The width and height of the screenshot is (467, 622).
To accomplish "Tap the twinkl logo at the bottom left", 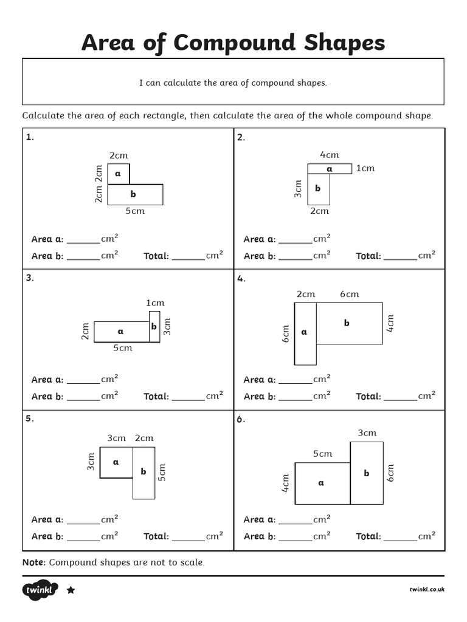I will pyautogui.click(x=40, y=590).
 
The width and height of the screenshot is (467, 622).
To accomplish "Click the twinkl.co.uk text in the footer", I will pyautogui.click(x=427, y=589).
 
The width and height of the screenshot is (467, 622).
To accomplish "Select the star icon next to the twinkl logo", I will pyautogui.click(x=71, y=590).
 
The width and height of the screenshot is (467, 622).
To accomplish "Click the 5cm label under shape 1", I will pyautogui.click(x=135, y=211).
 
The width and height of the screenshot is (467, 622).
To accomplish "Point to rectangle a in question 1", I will pyautogui.click(x=119, y=174).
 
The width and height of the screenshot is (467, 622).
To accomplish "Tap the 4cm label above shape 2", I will pyautogui.click(x=329, y=155).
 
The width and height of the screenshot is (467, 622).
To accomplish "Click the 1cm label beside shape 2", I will pyautogui.click(x=365, y=168).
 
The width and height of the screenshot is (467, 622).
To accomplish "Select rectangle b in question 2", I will pyautogui.click(x=318, y=189).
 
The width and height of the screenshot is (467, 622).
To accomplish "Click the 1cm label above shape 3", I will pyautogui.click(x=154, y=302).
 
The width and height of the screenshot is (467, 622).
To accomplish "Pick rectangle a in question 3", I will pyautogui.click(x=121, y=332).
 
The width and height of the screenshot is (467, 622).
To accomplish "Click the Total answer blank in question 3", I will pyautogui.click(x=188, y=397).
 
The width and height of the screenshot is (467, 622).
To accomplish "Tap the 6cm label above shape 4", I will pyautogui.click(x=349, y=294).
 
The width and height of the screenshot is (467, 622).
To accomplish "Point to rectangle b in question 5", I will pyautogui.click(x=144, y=472).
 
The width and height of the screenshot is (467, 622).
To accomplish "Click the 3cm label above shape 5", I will pyautogui.click(x=116, y=438).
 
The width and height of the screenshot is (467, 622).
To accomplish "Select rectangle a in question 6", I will pyautogui.click(x=322, y=484).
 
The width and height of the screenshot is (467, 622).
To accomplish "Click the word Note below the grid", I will pyautogui.click(x=33, y=562).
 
